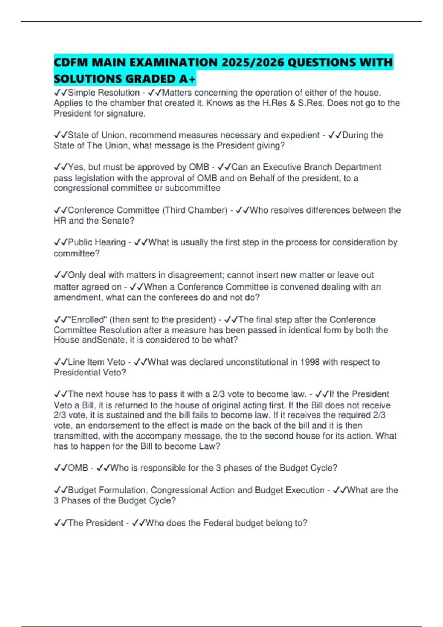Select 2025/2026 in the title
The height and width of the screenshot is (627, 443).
coord(253,62)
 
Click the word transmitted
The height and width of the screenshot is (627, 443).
coord(76,436)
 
